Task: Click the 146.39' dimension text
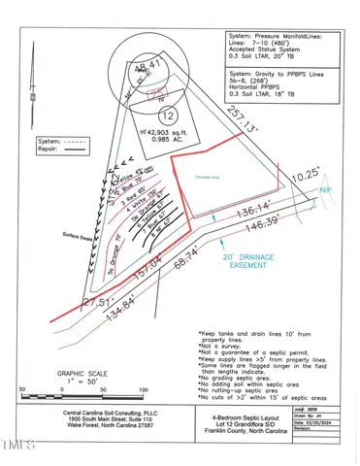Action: click(x=266, y=224)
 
